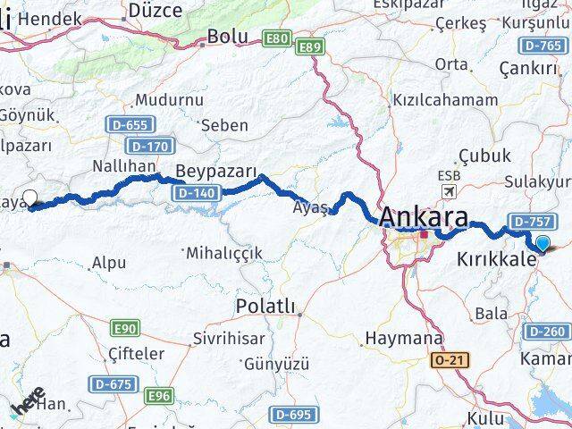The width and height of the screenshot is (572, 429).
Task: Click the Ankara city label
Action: click(x=425, y=218)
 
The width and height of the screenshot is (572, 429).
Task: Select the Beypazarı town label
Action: click(x=216, y=172)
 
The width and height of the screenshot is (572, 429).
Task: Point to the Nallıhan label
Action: click(x=124, y=166)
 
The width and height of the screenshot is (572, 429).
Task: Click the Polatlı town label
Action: click(x=265, y=307)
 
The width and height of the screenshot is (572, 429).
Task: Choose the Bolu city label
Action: click(x=227, y=38)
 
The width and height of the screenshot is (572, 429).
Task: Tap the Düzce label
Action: click(x=156, y=11)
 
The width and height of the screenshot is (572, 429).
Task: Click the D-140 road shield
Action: click(x=197, y=192)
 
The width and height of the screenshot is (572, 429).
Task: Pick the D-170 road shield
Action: click(x=148, y=146)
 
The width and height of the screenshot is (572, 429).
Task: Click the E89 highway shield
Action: click(x=309, y=46)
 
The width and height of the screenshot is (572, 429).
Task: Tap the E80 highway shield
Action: click(x=277, y=38)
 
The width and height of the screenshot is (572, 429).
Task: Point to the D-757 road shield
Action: click(x=527, y=220)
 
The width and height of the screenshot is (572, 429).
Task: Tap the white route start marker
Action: click(x=29, y=198)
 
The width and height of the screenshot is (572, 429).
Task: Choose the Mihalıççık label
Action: click(x=223, y=253)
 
